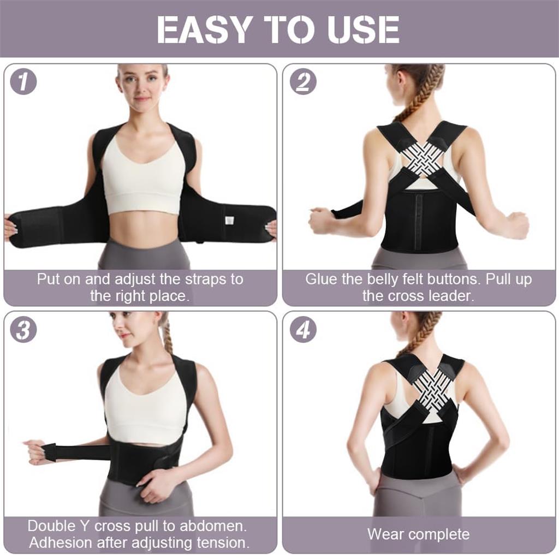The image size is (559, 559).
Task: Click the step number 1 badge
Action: (x=23, y=82)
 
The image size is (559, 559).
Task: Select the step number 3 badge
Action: (x=23, y=330)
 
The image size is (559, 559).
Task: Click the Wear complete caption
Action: (x=418, y=534)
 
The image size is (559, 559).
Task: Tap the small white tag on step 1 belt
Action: (x=229, y=219)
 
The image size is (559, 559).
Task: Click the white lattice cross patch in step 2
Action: (x=423, y=158)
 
